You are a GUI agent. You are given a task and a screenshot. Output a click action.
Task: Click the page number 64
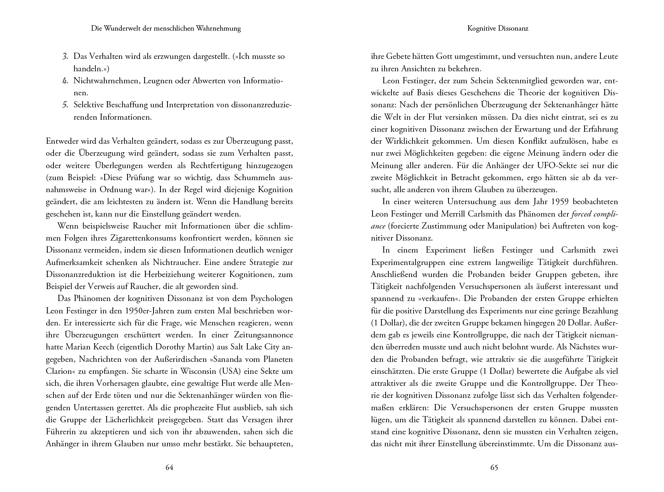[169, 467]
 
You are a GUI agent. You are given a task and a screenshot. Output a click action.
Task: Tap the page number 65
[494, 467]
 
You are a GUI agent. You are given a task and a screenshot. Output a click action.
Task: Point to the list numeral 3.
[66, 57]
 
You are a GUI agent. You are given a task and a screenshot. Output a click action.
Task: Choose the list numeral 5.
[66, 105]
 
